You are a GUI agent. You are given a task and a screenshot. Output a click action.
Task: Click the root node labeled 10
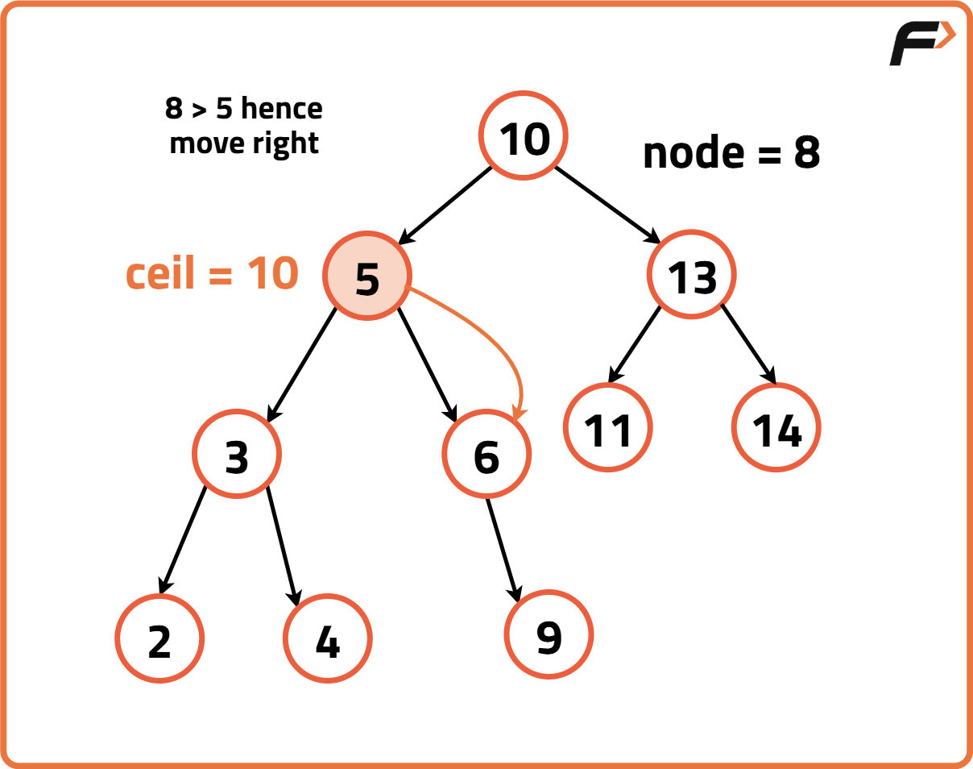point(524,138)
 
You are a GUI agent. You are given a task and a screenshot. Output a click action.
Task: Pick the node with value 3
point(237,455)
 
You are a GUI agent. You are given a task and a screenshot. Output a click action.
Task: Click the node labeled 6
point(486,455)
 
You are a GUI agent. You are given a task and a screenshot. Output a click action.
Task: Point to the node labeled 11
point(608,428)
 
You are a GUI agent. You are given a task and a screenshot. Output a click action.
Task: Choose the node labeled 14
point(777,428)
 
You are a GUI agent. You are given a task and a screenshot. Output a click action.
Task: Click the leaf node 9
point(549,636)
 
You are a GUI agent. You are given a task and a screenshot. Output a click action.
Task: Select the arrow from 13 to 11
point(636,343)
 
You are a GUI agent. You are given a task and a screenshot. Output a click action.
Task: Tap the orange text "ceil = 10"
point(212,274)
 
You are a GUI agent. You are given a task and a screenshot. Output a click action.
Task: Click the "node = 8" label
point(731,152)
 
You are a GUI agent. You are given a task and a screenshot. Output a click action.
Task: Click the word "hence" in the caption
point(281,108)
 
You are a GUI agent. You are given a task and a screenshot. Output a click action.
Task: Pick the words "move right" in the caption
point(245,143)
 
